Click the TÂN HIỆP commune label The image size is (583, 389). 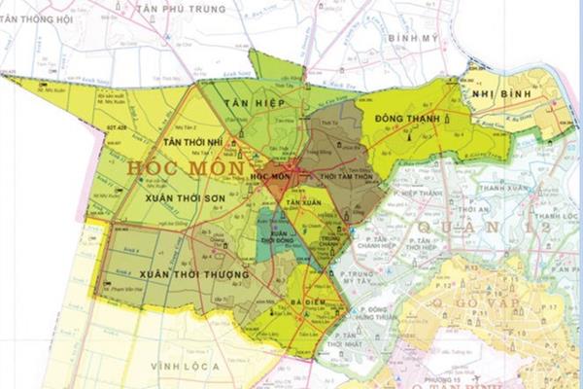point(248,102)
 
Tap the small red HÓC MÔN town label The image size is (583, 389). point(270,177)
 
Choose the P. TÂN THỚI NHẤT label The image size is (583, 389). point(356,339)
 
